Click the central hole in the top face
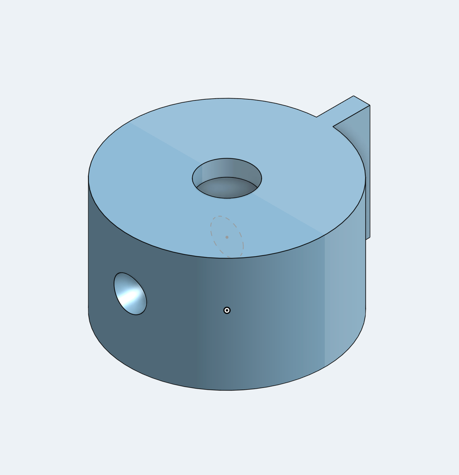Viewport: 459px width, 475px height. tap(227, 178)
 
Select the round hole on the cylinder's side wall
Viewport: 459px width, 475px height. tap(130, 294)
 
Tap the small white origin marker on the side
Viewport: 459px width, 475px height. tap(227, 310)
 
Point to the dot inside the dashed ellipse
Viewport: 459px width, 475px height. tap(227, 237)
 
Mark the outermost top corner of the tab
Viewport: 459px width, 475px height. tap(370, 105)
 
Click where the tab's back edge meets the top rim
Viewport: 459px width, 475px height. tap(317, 117)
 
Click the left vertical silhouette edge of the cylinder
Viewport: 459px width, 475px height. tap(88, 245)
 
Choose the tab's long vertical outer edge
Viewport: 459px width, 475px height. tap(370, 172)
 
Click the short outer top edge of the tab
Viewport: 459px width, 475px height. tap(362, 100)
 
